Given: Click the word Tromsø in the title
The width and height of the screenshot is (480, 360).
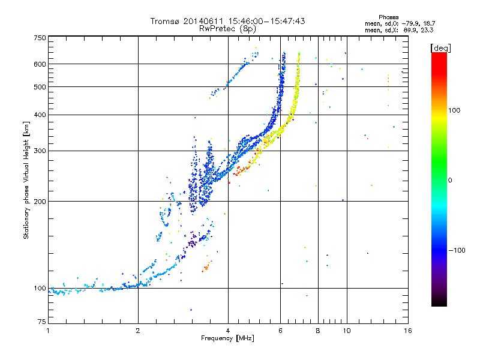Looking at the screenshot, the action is coord(165,21).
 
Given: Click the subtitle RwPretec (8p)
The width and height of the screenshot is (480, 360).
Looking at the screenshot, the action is coord(227,29).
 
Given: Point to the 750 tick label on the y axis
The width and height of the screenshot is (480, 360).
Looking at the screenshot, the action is coord(40,38).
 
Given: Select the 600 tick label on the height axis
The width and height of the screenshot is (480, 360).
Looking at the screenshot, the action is coord(40,64).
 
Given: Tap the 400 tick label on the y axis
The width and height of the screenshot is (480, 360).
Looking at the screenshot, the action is coord(40,115).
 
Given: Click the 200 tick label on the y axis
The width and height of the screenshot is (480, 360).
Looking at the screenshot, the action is coord(40,202).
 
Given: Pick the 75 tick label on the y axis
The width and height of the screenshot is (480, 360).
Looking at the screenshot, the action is coord(42,322).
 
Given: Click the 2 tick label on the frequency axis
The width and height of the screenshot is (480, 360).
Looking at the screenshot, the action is coord(138,331).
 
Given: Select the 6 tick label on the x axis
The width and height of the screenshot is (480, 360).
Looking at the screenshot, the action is coord(280,331).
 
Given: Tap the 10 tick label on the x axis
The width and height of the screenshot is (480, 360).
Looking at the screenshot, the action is coord(347,331).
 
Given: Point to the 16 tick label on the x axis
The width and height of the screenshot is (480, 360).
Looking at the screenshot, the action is coord(408,331).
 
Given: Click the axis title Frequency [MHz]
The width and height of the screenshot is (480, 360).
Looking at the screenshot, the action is coord(227,338).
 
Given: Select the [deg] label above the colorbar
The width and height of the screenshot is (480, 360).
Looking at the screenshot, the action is coord(440,48).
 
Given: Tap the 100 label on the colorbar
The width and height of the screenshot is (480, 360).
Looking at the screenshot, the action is coord(454,110).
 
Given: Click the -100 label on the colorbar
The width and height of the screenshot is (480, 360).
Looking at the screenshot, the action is coord(457,250).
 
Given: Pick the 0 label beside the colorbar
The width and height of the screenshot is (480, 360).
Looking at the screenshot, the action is coord(450,180).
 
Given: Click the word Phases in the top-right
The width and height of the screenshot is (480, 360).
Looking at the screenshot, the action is coord(388,17).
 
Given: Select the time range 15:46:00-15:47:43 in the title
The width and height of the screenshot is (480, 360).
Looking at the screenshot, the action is coord(266,21).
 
